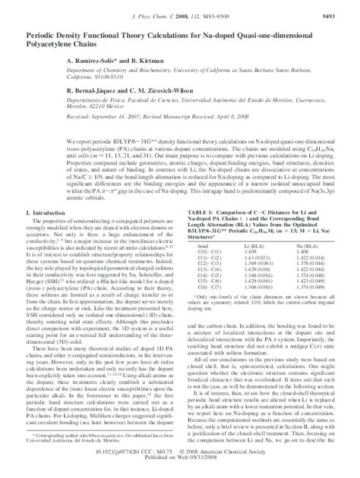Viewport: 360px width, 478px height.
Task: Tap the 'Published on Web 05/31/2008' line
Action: (x=180, y=469)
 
